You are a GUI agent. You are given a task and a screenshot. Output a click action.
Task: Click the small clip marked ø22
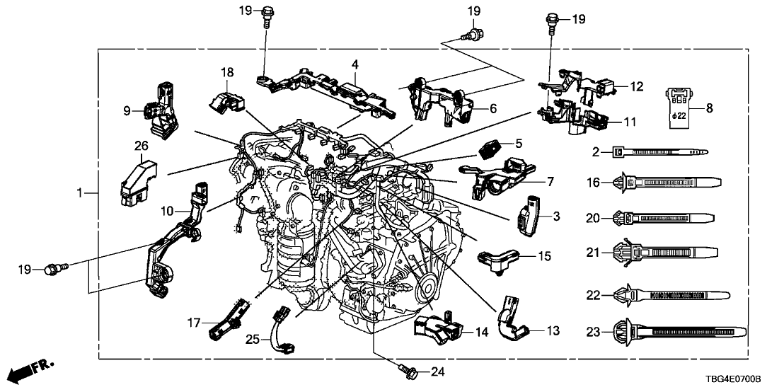(x=677, y=105)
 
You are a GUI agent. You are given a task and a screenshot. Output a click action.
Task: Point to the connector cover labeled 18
(x=224, y=100)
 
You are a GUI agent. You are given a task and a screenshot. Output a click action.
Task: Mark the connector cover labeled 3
(x=528, y=215)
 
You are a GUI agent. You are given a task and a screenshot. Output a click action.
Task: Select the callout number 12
(x=637, y=86)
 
